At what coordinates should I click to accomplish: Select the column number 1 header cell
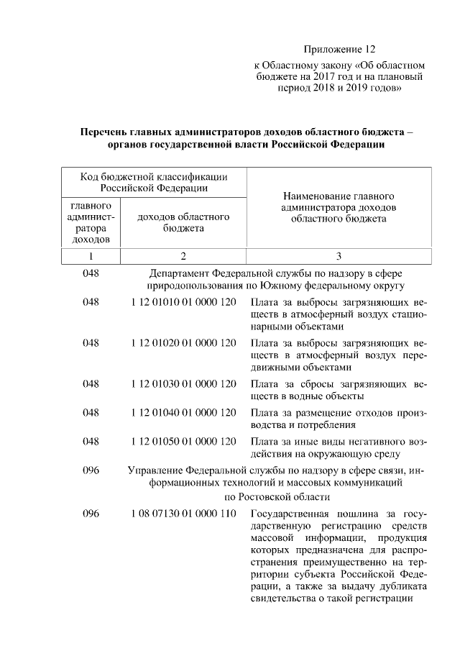91,256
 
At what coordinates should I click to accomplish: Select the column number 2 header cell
183,256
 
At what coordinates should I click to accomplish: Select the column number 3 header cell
339,256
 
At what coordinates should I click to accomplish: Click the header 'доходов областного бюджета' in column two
183,222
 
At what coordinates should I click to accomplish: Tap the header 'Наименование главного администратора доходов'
339,207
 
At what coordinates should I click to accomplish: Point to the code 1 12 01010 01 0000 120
183,302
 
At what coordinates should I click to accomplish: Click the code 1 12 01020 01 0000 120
183,343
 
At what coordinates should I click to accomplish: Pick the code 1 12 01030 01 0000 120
183,384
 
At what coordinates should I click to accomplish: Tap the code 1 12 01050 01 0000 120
183,440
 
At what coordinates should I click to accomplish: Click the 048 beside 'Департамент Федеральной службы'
91,273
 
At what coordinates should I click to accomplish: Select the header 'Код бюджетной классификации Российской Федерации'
155,182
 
